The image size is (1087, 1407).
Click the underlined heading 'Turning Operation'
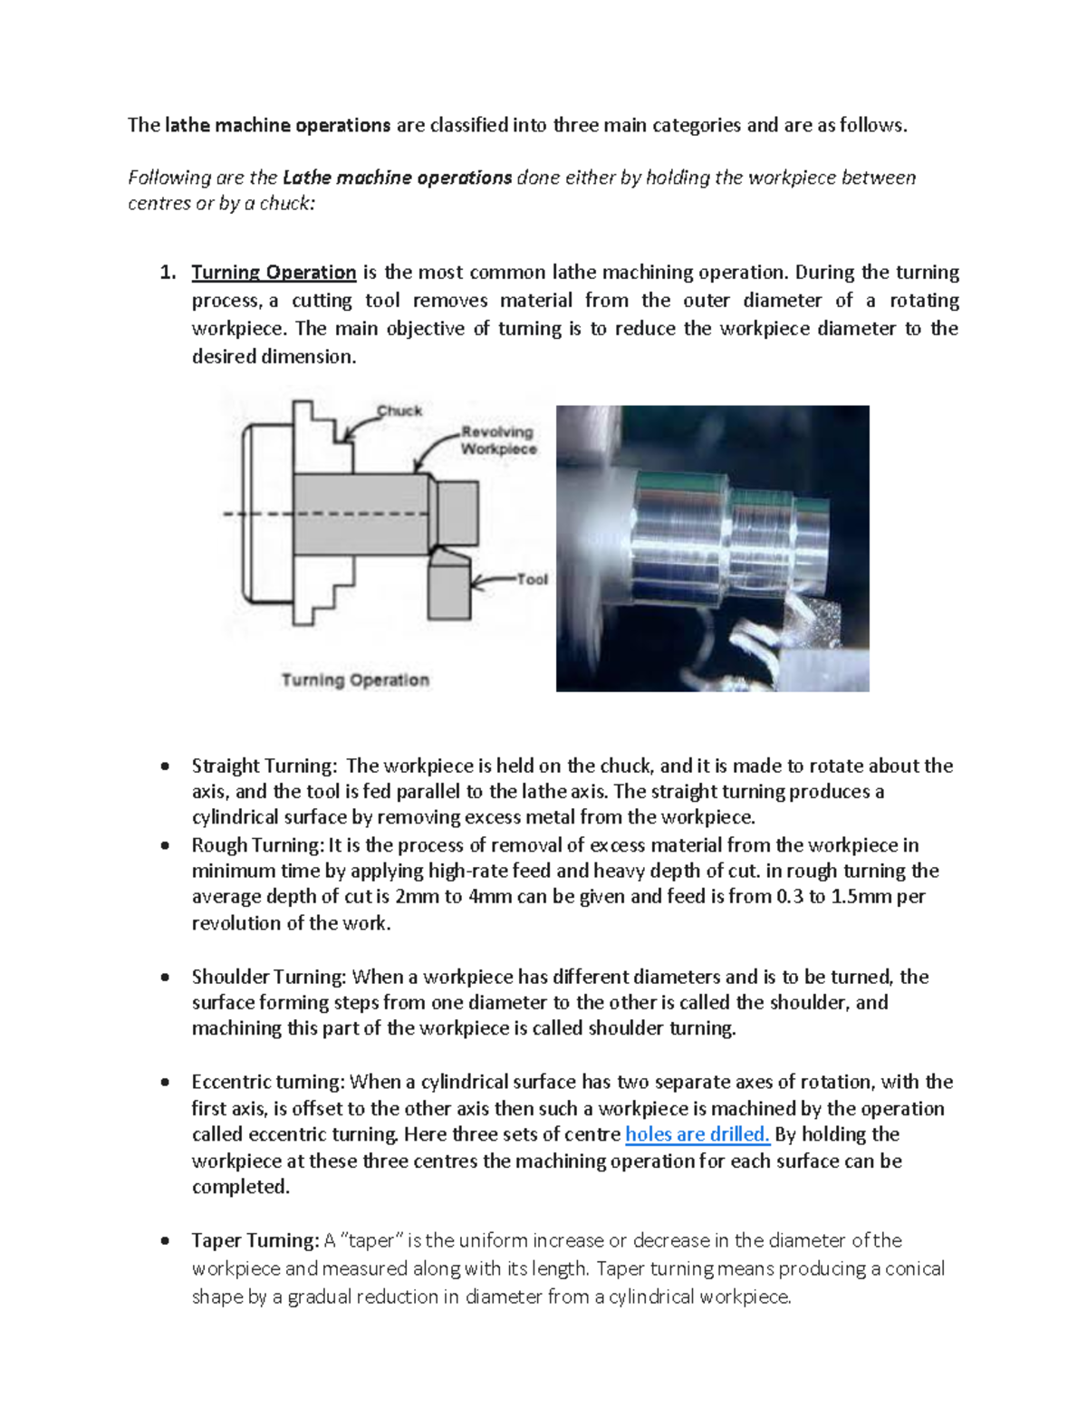coord(274,273)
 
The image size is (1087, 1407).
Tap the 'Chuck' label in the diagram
coord(399,410)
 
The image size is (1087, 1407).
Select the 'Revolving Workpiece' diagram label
coord(497,440)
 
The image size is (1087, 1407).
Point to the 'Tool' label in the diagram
coord(532,579)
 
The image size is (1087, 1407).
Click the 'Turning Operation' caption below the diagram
coord(355,680)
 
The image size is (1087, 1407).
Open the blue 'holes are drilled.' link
coord(697,1134)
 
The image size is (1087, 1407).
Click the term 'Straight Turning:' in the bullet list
coord(265,766)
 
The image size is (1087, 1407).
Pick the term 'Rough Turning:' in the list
coord(257,845)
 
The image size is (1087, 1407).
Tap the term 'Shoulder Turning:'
coord(269,977)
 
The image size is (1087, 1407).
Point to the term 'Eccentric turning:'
coord(268,1082)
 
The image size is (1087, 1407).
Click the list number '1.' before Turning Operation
coord(167,273)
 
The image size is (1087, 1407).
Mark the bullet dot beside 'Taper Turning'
coord(165,1241)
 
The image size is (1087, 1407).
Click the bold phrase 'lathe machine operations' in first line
coord(278,125)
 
